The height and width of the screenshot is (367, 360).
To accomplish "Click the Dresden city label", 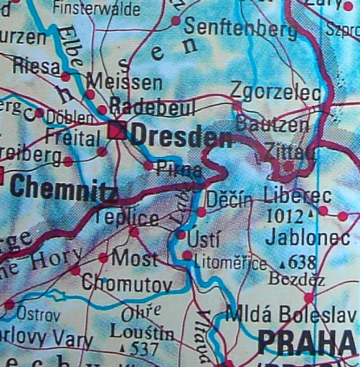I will coord(180,136).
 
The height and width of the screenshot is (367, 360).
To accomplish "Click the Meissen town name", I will coord(124,81).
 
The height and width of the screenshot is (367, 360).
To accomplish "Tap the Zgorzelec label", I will coord(275,93).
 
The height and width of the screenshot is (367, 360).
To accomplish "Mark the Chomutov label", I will coord(126,283).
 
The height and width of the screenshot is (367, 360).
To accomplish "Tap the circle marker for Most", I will coord(103,257).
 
